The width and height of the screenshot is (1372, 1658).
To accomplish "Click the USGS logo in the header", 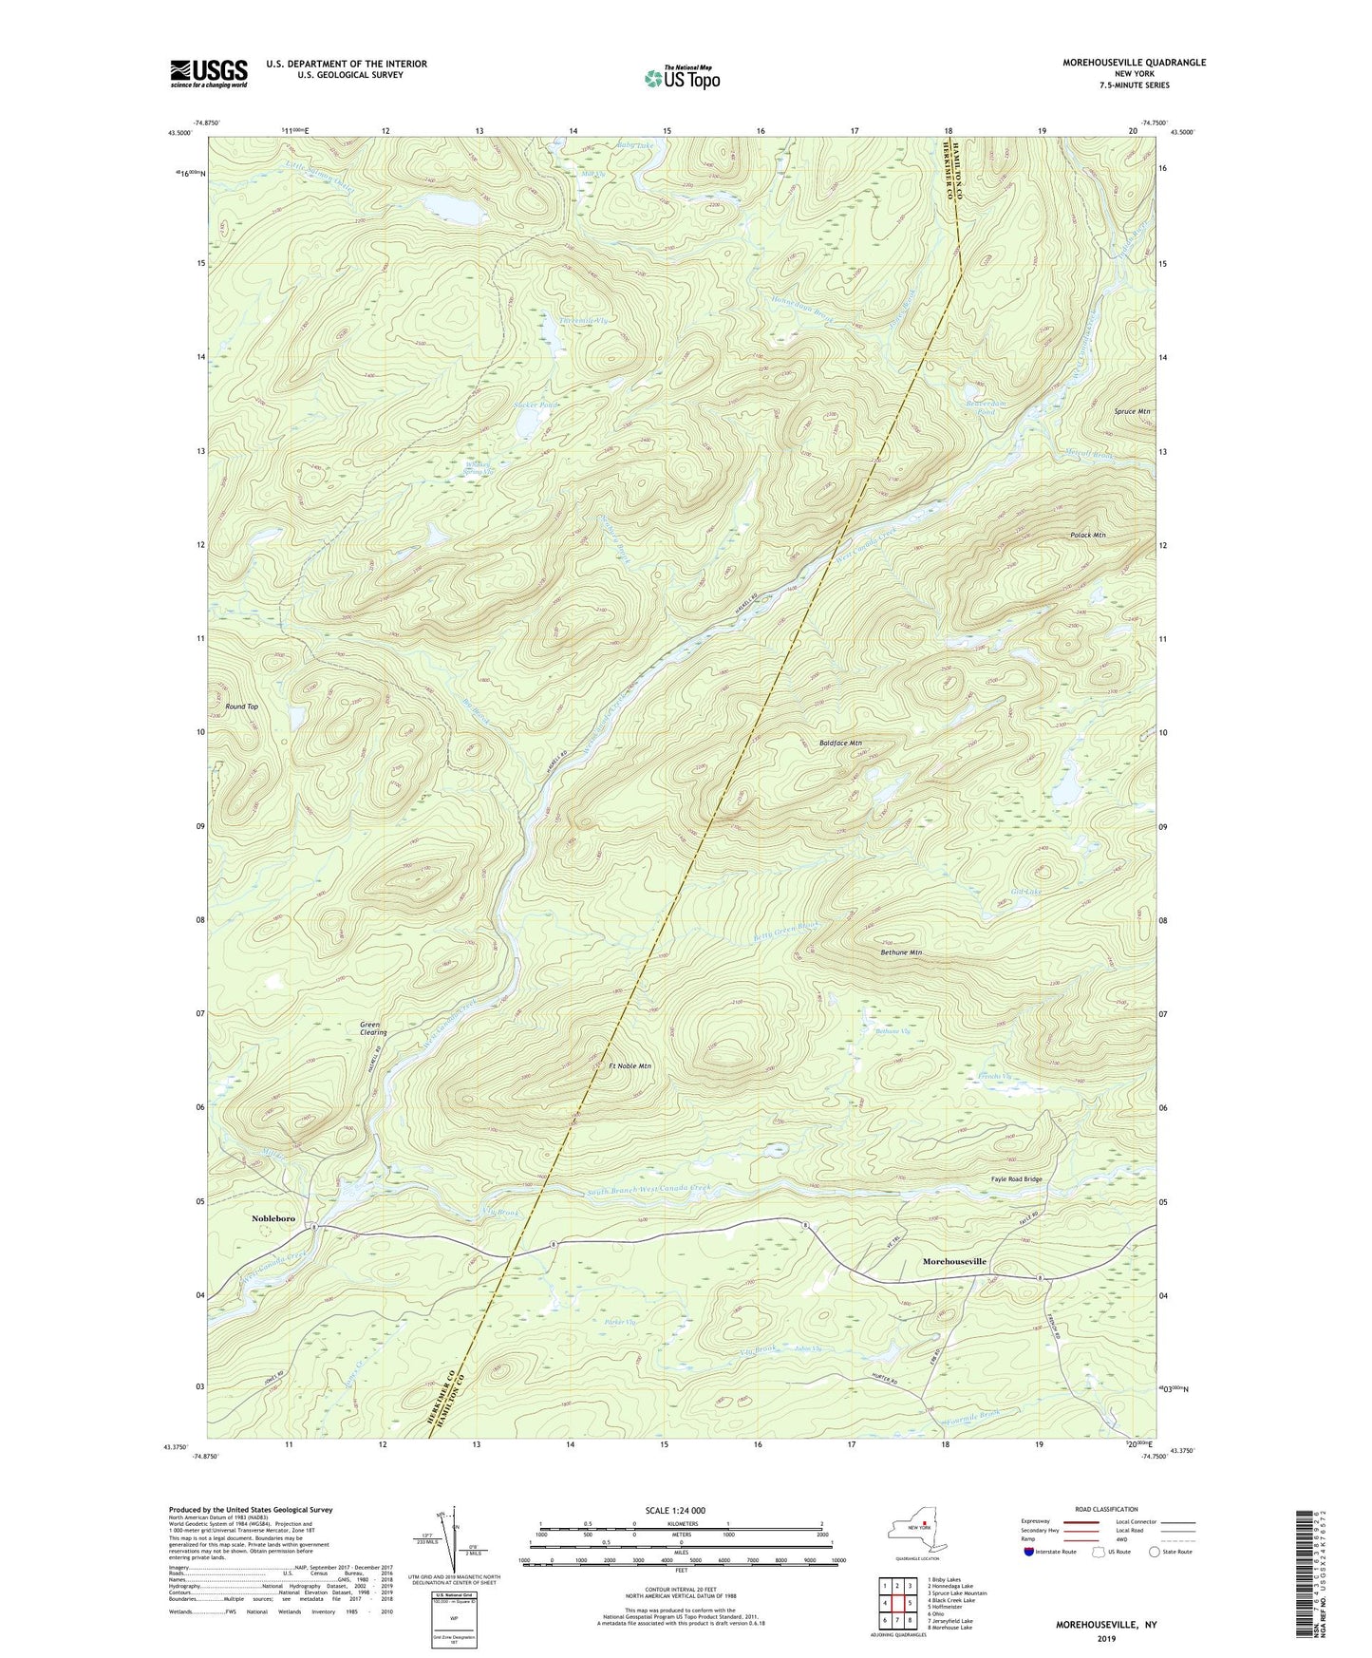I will pyautogui.click(x=208, y=73).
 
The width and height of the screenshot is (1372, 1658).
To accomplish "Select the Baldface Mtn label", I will pyautogui.click(x=840, y=743).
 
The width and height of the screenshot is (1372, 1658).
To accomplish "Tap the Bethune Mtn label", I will pyautogui.click(x=901, y=951).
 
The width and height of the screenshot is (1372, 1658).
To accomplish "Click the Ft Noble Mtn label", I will pyautogui.click(x=630, y=1066).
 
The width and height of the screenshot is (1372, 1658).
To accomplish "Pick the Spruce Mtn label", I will pyautogui.click(x=1132, y=411).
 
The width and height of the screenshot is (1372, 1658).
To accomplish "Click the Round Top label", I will pyautogui.click(x=241, y=707).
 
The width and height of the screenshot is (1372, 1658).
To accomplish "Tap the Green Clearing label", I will pyautogui.click(x=373, y=1027).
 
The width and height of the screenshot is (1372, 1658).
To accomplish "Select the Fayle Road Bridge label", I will pyautogui.click(x=1016, y=1179).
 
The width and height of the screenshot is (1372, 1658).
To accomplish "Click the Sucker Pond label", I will pyautogui.click(x=536, y=405).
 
